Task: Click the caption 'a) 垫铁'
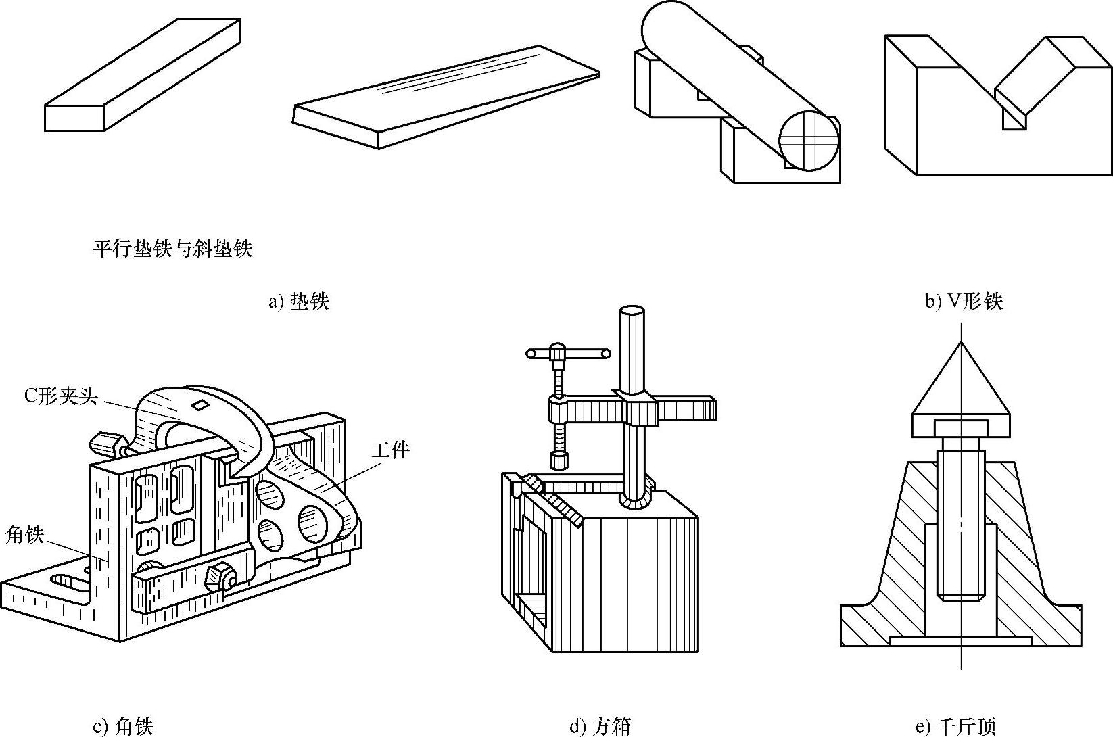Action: point(299,302)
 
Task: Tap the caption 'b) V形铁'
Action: point(964,301)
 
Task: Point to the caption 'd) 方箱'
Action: point(600,726)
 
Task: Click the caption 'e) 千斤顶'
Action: point(955,726)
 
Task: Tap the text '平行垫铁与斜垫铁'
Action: point(173,248)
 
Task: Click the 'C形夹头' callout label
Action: point(61,396)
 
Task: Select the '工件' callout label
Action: point(391,449)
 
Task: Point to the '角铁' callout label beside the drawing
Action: point(24,535)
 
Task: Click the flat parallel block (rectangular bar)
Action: point(143,74)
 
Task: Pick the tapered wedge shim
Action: point(446,97)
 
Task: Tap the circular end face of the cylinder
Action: point(809,140)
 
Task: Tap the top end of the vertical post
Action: point(632,312)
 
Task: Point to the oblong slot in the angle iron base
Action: point(70,582)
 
